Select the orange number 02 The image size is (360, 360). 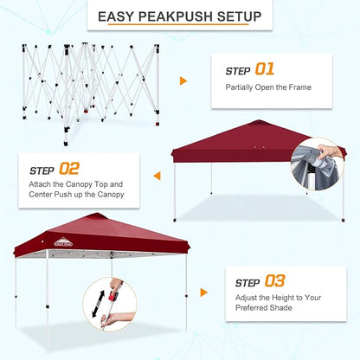[x=68, y=170]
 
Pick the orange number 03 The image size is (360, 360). [x=273, y=280]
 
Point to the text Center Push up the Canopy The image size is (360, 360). [x=77, y=194]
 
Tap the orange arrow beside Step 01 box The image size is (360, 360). [x=183, y=81]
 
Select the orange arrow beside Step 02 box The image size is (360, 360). [x=157, y=176]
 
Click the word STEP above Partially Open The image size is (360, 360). [x=238, y=70]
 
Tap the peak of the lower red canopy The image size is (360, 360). [x=98, y=216]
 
